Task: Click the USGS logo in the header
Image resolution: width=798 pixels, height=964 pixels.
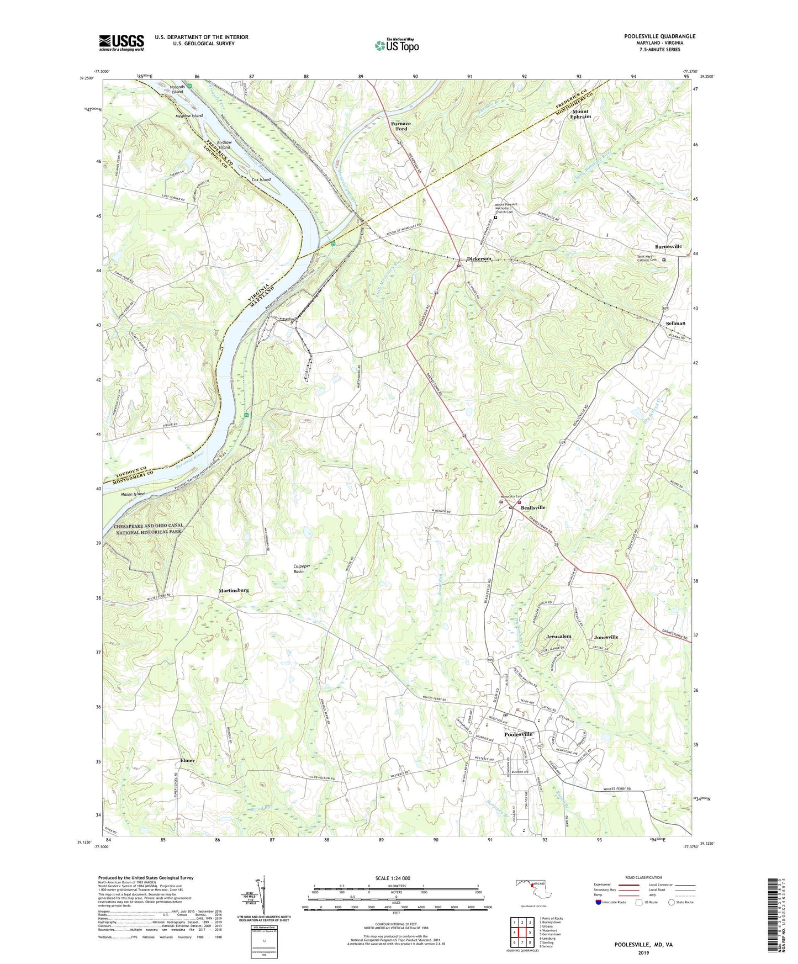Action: [x=121, y=42]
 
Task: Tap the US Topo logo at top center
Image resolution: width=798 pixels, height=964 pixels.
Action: [x=396, y=45]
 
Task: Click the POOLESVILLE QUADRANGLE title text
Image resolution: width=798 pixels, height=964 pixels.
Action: [x=659, y=36]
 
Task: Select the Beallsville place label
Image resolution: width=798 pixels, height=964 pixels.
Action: [x=533, y=507]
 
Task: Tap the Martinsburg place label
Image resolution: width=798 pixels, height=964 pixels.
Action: [x=234, y=590]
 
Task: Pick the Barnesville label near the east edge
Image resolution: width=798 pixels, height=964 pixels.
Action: [x=668, y=246]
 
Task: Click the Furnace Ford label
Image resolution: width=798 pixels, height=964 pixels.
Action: [x=401, y=126]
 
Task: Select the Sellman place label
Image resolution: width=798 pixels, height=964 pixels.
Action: [x=675, y=323]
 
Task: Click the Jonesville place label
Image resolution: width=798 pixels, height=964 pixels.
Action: [x=606, y=637]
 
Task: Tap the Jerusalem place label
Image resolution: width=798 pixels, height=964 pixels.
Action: [x=558, y=636]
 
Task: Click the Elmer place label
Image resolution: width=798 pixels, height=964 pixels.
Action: [x=187, y=760]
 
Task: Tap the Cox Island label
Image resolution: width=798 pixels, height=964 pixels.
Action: [x=261, y=179]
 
